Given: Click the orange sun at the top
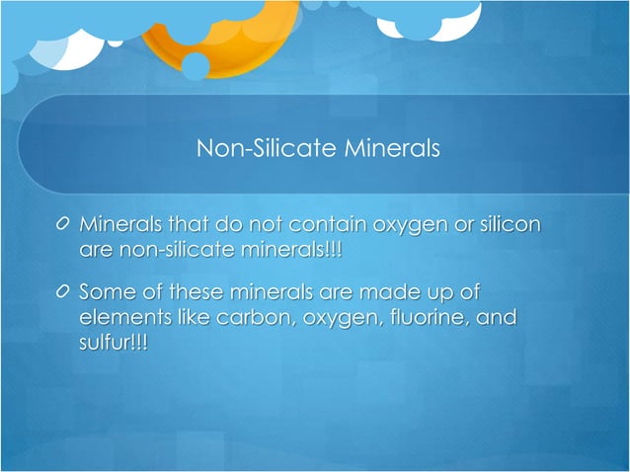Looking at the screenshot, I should pyautogui.click(x=222, y=35).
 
